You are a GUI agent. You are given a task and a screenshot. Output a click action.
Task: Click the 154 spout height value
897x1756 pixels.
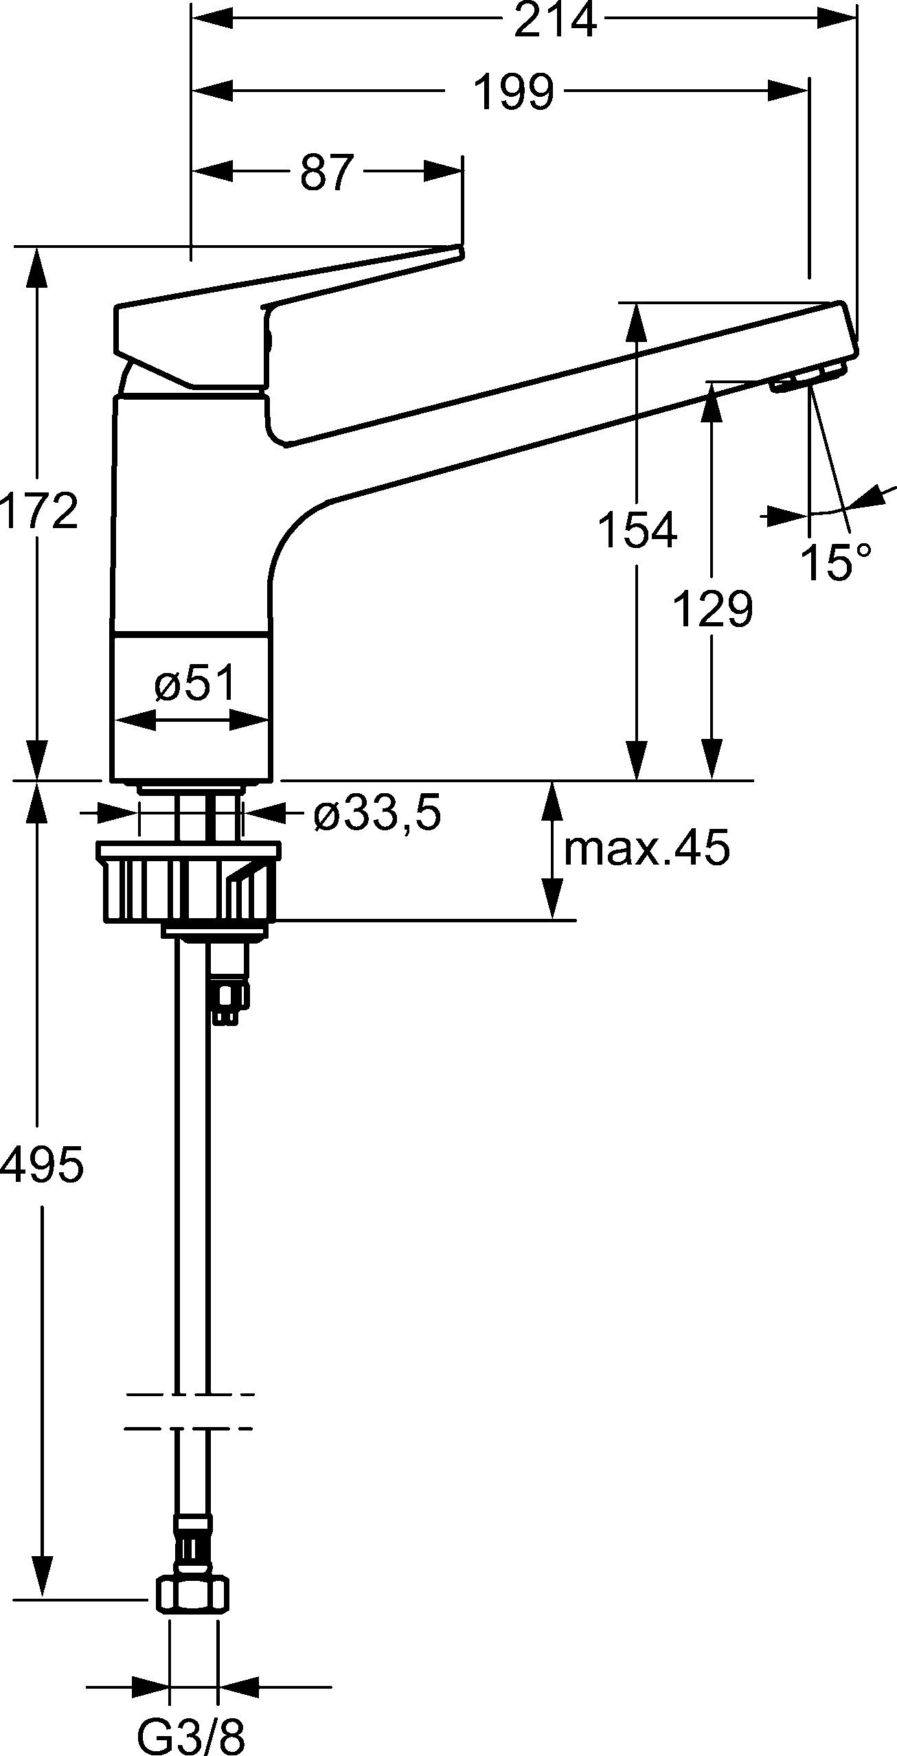(637, 530)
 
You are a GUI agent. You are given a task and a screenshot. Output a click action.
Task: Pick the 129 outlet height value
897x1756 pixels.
(712, 609)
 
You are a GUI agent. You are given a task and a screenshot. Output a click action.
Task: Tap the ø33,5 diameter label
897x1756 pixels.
(377, 814)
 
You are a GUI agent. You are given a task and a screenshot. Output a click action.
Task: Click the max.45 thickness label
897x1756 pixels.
(646, 849)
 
